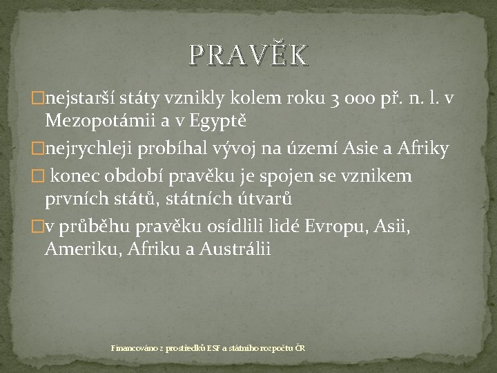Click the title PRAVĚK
pyautogui.click(x=248, y=55)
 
